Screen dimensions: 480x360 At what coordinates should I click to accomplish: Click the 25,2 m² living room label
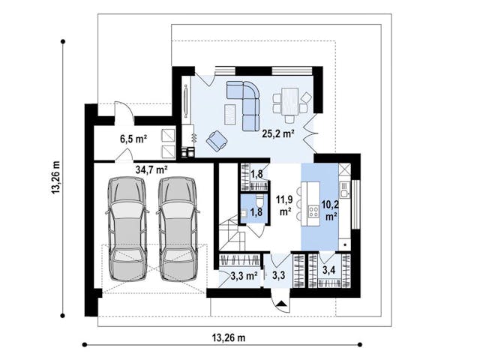278,133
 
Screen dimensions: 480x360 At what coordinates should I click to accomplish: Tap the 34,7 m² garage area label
151,169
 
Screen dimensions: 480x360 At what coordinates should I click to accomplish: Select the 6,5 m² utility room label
133,139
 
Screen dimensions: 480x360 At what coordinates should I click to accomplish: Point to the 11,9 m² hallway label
285,205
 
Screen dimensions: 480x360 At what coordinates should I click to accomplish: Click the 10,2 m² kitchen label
330,211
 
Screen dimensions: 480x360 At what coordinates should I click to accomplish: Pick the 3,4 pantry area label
328,270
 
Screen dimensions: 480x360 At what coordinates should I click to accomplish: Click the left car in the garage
127,229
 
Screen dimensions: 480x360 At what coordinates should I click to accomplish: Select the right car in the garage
178,229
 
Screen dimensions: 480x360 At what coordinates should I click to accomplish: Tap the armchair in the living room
217,140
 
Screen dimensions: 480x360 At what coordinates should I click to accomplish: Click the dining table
290,101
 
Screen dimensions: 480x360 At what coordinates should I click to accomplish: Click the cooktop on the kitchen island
313,211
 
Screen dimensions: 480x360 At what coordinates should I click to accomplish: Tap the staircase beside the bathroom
232,233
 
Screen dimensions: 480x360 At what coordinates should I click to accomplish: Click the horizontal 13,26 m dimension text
229,338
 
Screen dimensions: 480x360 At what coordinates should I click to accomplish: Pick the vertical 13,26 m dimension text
56,178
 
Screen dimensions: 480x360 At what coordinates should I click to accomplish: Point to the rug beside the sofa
230,115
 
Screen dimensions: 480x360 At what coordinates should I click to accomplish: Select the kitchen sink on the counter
345,190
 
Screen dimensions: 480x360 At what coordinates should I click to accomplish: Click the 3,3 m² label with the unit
244,276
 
